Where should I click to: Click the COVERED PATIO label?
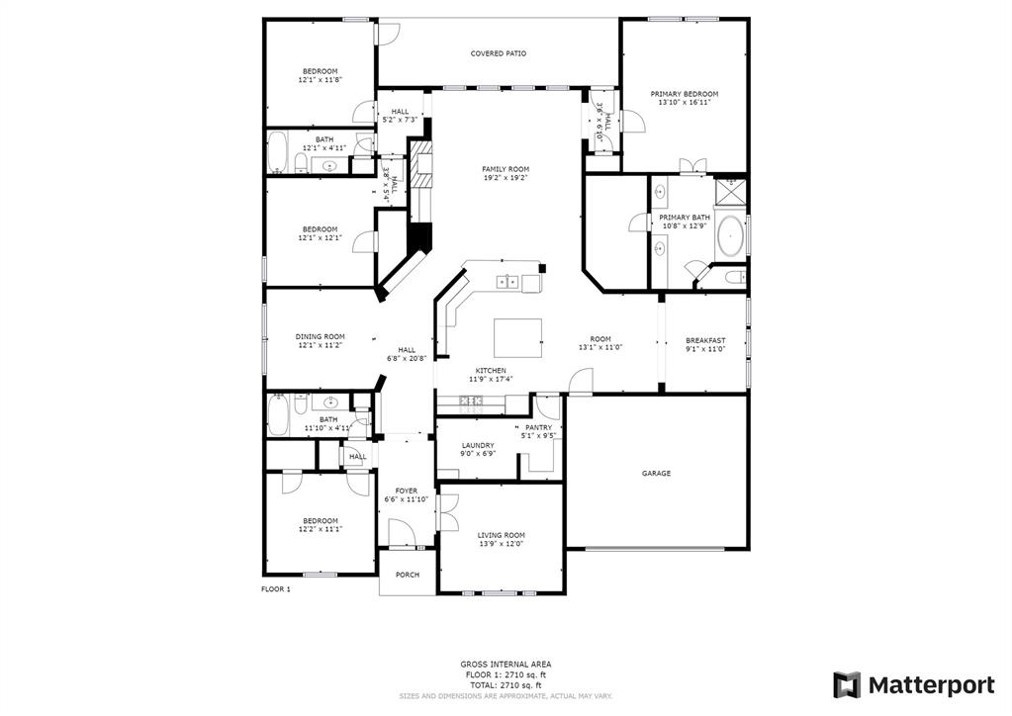tap(498, 53)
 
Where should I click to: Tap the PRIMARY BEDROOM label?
tap(685, 94)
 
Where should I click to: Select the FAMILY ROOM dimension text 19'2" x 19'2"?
tap(506, 177)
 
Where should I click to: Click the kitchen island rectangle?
tap(517, 337)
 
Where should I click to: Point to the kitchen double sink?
tap(507, 281)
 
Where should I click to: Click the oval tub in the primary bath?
tap(730, 236)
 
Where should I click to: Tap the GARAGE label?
tap(657, 474)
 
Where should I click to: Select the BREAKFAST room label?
tap(705, 340)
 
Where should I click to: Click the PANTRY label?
tap(539, 427)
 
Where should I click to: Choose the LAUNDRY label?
tap(478, 446)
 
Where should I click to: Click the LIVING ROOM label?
tap(501, 535)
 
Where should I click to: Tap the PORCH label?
tap(408, 575)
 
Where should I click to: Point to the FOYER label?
tap(407, 491)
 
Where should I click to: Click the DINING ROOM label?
tap(321, 336)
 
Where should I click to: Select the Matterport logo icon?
tap(847, 685)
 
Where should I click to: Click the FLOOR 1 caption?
tap(276, 589)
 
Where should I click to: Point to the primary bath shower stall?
tap(731, 191)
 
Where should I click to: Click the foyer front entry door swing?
tap(402, 534)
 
